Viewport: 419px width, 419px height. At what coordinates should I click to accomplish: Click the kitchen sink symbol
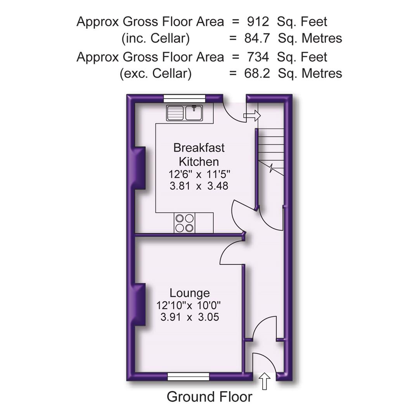[185, 113]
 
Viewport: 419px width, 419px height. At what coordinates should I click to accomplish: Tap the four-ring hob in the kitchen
[184, 223]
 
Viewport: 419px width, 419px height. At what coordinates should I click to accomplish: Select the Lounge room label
[189, 293]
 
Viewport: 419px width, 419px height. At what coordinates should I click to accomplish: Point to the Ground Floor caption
[209, 396]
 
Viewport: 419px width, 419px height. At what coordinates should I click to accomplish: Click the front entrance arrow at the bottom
[265, 381]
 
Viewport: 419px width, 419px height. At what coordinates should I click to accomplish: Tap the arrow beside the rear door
[252, 115]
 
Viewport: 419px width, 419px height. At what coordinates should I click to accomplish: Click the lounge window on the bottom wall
[189, 376]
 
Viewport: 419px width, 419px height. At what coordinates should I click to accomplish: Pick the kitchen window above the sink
[184, 98]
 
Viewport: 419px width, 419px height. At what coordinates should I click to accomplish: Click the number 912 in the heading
[258, 21]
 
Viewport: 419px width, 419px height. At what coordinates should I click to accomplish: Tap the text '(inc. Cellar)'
[156, 38]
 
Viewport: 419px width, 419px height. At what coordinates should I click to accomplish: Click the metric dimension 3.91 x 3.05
[189, 317]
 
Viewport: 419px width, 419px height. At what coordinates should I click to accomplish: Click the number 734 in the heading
[258, 57]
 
